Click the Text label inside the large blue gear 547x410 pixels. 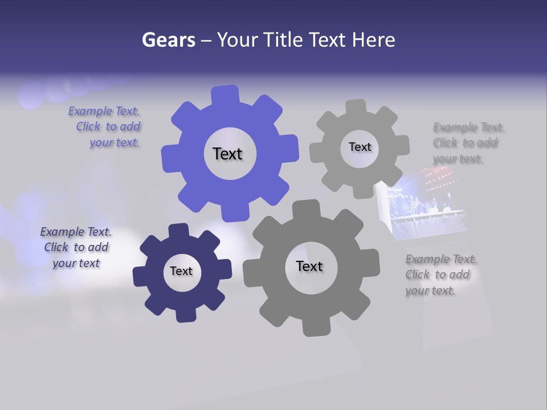[x=227, y=154]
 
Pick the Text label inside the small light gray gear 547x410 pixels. [x=360, y=147]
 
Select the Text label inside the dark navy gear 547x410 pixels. [x=181, y=271]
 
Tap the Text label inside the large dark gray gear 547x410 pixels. [x=309, y=266]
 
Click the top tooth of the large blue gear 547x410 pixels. [x=225, y=95]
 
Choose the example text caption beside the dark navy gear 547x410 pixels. [x=76, y=248]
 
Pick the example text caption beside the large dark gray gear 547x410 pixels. [x=440, y=275]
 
